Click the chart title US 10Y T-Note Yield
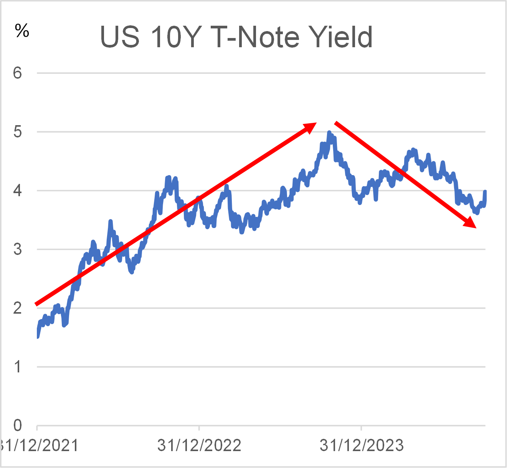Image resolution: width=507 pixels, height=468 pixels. point(236,37)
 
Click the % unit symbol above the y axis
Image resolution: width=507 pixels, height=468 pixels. point(22,30)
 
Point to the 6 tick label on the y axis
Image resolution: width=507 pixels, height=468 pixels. point(18,73)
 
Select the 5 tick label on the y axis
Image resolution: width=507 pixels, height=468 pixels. point(18,132)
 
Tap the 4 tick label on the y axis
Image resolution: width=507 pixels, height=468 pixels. point(18,190)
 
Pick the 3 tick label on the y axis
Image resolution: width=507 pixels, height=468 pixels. point(18,249)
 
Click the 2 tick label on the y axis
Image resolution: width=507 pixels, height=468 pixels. point(18,308)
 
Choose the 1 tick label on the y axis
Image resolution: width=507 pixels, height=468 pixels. point(18,367)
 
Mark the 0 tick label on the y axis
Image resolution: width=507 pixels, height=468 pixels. point(18,425)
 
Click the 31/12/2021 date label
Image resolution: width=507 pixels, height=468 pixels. point(38,445)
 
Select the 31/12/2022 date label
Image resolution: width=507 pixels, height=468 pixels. point(199,445)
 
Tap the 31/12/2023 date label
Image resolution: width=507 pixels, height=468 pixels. point(362,445)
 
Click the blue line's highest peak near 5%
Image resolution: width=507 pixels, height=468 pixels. point(329,133)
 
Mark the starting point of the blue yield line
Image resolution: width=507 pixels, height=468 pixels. point(37,337)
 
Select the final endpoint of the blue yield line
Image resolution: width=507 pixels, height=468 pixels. point(485,191)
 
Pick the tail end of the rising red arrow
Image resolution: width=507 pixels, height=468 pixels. point(36,304)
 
